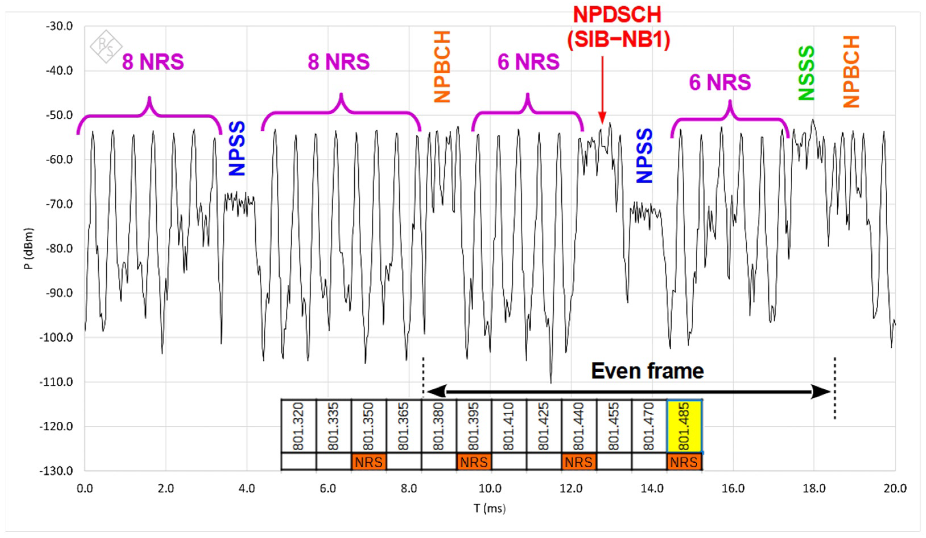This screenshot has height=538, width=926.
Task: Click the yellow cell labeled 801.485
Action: (684, 426)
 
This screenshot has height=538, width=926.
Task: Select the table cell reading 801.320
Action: (298, 426)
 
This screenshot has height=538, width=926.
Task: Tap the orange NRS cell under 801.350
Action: (369, 462)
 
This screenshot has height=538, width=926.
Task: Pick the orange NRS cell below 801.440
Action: (578, 462)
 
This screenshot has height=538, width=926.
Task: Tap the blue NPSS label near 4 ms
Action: (237, 148)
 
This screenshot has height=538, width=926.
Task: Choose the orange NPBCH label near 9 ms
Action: (442, 67)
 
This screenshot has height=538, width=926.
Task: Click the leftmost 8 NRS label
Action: (153, 62)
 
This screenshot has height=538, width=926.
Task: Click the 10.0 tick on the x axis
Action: (490, 489)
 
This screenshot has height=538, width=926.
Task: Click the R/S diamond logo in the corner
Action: (106, 46)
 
